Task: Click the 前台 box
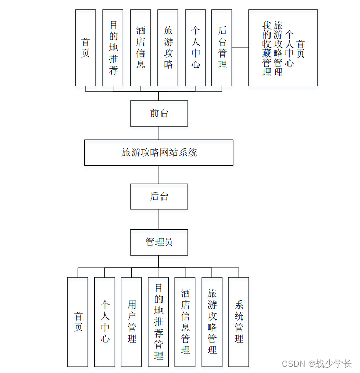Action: (159, 113)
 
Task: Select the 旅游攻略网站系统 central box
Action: (159, 152)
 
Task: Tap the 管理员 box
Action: (159, 242)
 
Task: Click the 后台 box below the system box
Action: (159, 197)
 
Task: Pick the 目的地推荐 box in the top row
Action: (113, 48)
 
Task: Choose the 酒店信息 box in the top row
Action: (140, 48)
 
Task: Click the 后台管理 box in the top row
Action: (222, 48)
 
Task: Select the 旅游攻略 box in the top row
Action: (168, 48)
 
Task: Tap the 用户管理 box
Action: (132, 322)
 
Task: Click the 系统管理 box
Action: (239, 322)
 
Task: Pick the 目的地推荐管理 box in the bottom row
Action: (158, 322)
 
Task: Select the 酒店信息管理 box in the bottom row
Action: (185, 322)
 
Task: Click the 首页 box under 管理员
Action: (78, 322)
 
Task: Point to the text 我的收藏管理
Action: (266, 49)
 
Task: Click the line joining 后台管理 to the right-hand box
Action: (240, 48)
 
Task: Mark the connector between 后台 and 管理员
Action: (159, 219)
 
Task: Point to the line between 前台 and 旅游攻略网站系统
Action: (159, 133)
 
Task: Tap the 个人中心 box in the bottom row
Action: (105, 322)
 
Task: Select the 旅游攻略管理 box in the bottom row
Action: (212, 322)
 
